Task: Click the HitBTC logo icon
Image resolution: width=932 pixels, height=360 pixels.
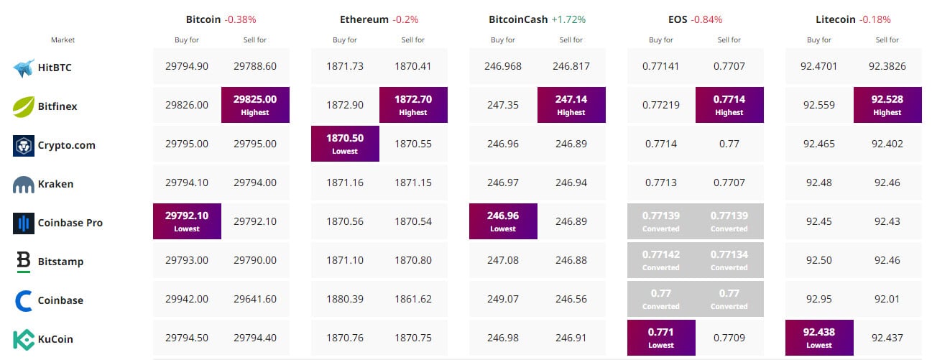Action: pyautogui.click(x=24, y=68)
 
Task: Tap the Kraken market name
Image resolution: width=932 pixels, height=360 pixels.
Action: pyautogui.click(x=55, y=184)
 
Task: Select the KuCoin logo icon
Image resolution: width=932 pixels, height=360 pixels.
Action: pyautogui.click(x=24, y=339)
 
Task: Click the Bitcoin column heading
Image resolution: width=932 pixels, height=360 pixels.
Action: pyautogui.click(x=203, y=19)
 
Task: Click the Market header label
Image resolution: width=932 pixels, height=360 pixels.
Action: pyautogui.click(x=63, y=40)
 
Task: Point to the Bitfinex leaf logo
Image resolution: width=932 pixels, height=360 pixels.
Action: pyautogui.click(x=24, y=106)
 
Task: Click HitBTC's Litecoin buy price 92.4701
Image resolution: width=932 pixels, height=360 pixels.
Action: pyautogui.click(x=819, y=66)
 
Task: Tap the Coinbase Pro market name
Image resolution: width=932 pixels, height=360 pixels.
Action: pyautogui.click(x=70, y=223)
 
